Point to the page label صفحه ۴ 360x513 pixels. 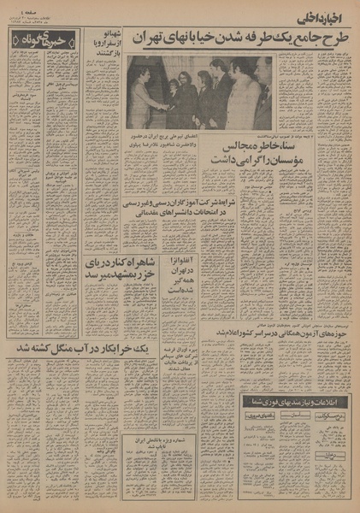click(21, 12)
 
